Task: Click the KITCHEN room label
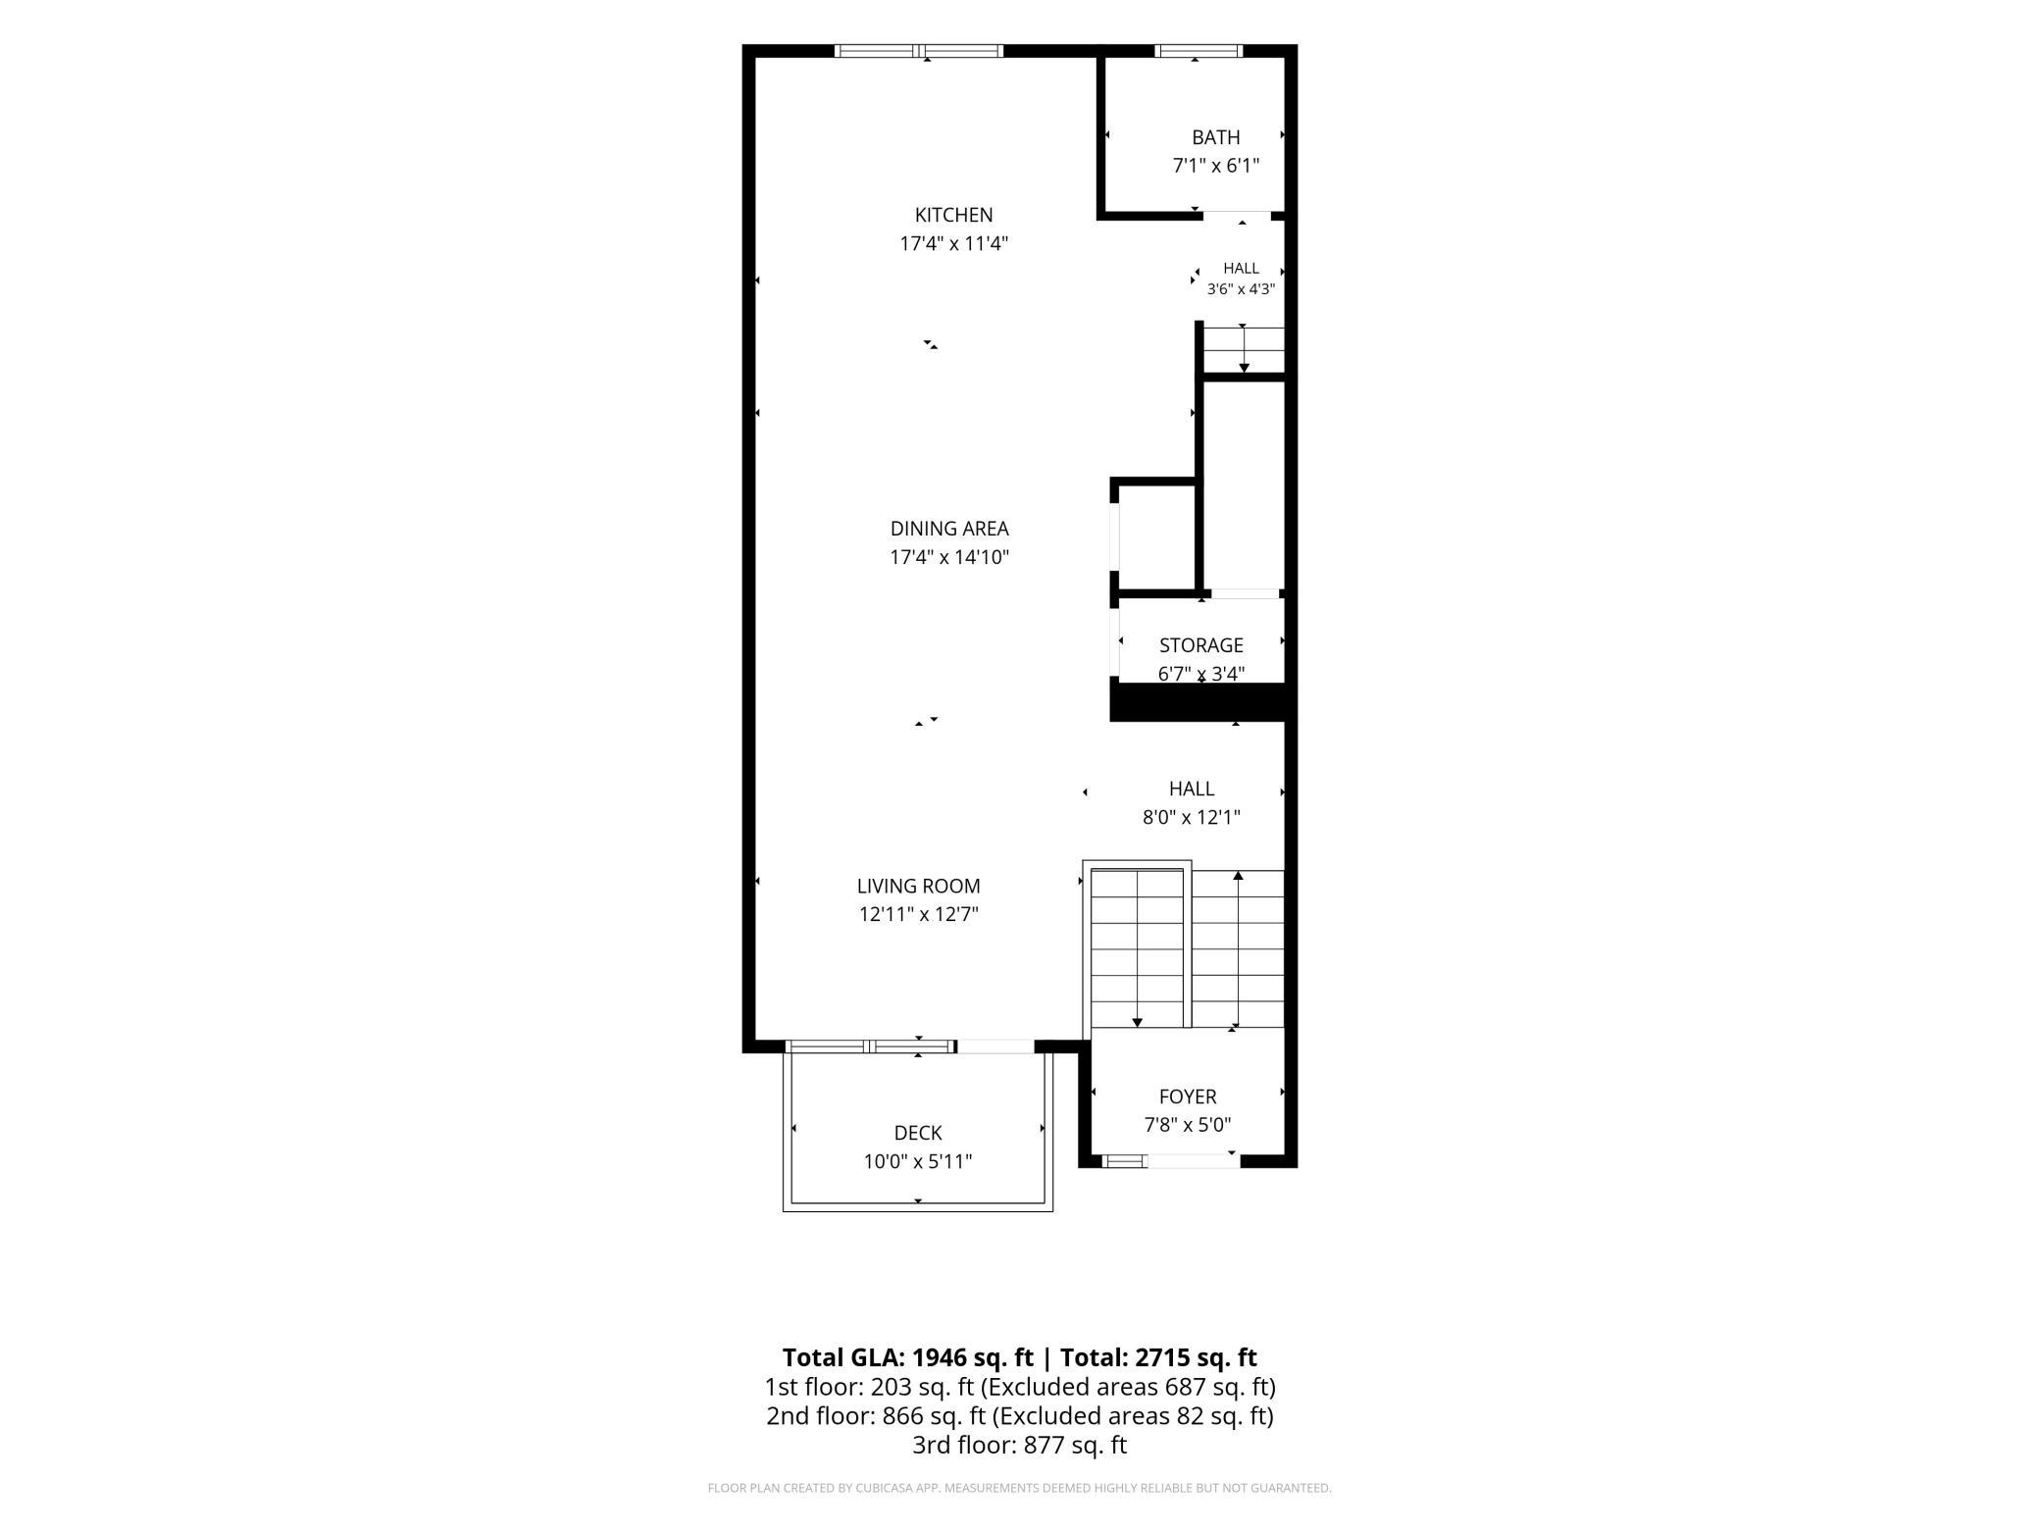coord(953,215)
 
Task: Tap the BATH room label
coord(1215,137)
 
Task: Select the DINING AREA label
coord(949,529)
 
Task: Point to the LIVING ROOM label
coord(918,886)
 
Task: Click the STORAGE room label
coord(1200,645)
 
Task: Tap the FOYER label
coord(1188,1096)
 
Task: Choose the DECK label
coord(918,1133)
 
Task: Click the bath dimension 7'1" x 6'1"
coord(1215,166)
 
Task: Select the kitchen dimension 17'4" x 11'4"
coord(953,243)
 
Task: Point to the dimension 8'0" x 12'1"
coord(1191,817)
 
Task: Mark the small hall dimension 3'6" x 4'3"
coord(1241,288)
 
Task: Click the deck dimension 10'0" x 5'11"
coord(918,1161)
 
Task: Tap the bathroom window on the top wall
coord(1198,51)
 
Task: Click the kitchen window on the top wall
coord(919,51)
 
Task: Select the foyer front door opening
coord(1193,1161)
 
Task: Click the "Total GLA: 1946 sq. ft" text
coord(907,1357)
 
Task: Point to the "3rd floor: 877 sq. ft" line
coord(1019,1445)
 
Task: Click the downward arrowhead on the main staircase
coord(1138,1022)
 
